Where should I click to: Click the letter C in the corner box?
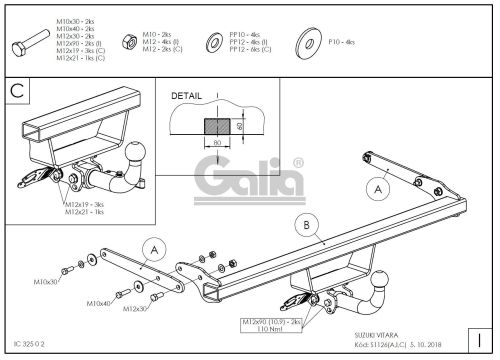pos(17,90)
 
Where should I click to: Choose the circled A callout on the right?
pos(377,186)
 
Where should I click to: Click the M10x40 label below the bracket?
pos(98,303)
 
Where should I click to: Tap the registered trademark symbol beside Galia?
pos(296,161)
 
